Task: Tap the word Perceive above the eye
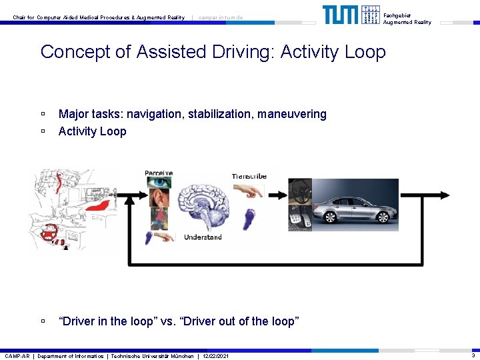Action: tap(159, 173)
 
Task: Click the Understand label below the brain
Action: tap(203, 237)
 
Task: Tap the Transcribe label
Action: tap(249, 176)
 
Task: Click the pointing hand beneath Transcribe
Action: tap(249, 191)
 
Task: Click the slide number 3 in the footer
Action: tap(473, 356)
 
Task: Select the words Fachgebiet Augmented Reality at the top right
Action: tap(407, 19)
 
